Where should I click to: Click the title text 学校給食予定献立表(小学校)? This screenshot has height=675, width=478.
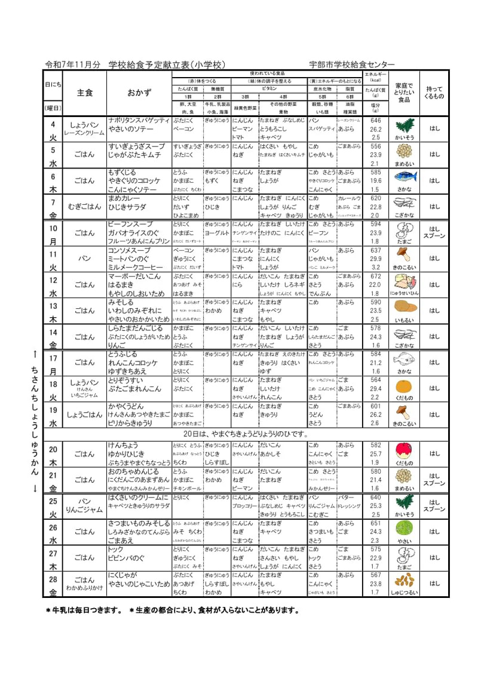(x=167, y=64)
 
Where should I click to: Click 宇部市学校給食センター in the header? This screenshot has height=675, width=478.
(x=352, y=64)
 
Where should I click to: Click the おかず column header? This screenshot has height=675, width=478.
(x=139, y=93)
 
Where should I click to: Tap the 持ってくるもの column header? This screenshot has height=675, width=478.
(x=434, y=93)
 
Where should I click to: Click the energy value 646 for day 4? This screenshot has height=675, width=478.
(x=375, y=121)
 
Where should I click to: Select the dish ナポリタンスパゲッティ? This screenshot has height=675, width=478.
(x=139, y=121)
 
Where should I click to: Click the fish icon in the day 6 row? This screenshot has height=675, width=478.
(x=405, y=177)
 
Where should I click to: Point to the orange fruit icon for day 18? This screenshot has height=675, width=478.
(x=405, y=385)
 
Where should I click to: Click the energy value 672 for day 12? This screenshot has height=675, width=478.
(x=375, y=277)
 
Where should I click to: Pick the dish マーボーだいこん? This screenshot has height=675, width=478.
(x=134, y=277)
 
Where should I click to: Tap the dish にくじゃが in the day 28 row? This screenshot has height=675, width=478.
(x=120, y=575)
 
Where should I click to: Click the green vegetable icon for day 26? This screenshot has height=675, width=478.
(x=405, y=528)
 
